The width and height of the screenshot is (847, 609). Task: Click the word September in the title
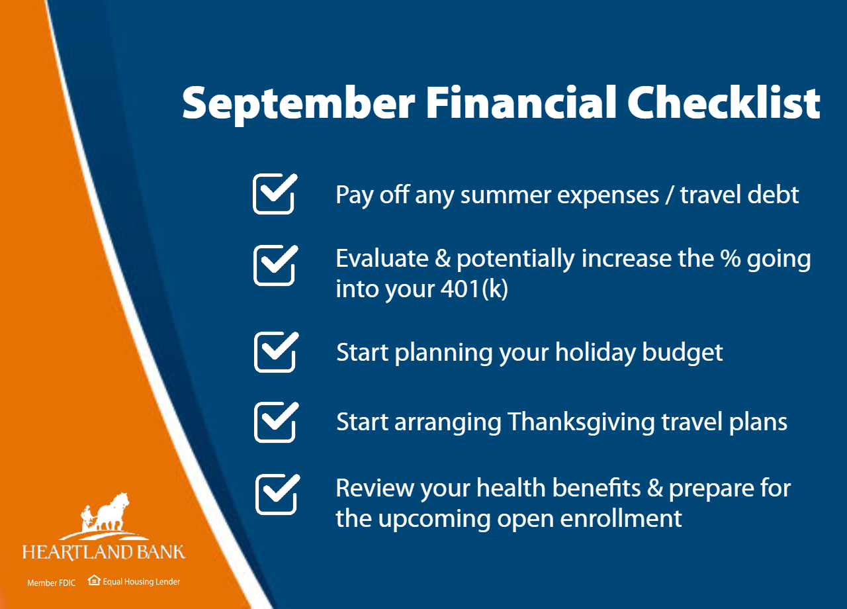(x=298, y=105)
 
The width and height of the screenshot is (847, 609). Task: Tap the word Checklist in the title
(x=723, y=102)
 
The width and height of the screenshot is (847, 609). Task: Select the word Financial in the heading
(x=521, y=102)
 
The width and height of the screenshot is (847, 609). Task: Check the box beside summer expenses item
(x=275, y=194)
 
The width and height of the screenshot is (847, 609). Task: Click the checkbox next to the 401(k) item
(x=276, y=265)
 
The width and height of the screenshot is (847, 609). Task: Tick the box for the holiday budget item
(x=277, y=351)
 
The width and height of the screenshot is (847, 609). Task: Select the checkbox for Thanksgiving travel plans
(x=277, y=422)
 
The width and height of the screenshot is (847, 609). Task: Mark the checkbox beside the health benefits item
(x=277, y=494)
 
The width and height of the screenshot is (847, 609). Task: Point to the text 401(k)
(x=474, y=289)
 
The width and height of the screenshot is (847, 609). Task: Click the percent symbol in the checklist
(x=730, y=259)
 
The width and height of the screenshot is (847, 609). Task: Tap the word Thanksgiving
(x=581, y=423)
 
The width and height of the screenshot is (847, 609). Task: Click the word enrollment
(x=621, y=518)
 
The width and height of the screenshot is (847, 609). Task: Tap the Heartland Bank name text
(x=104, y=552)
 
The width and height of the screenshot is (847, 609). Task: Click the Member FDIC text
(x=52, y=583)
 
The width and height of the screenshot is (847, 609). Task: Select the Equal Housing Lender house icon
(x=94, y=581)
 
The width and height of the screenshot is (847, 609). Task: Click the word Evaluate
(x=382, y=259)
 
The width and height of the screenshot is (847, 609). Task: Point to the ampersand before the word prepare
(x=654, y=488)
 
